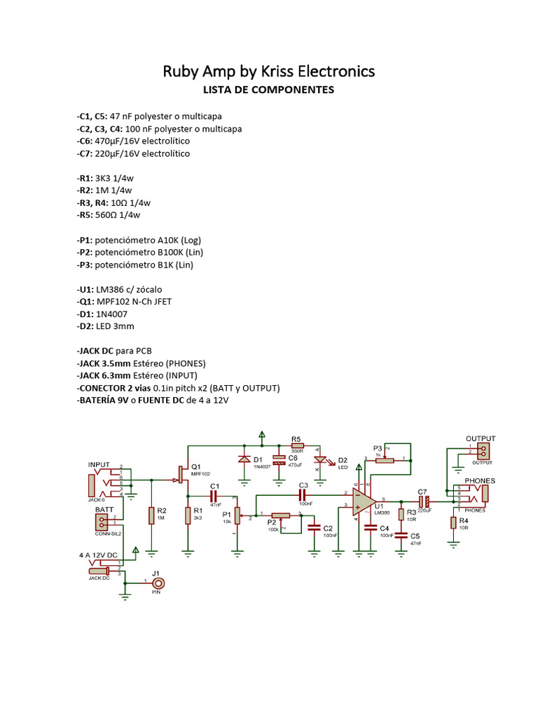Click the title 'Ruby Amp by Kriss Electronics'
[268, 71]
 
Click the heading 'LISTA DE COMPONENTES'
[268, 90]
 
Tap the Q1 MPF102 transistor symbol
[181, 475]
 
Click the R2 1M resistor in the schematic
[151, 516]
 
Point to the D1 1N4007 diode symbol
[244, 460]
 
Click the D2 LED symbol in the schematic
[322, 460]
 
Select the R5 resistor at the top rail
[297, 445]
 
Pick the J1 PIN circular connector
[160, 583]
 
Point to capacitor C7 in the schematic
[423, 501]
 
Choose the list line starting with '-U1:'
[123, 289]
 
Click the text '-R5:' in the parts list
[87, 215]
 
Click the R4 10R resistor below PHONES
[454, 522]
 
